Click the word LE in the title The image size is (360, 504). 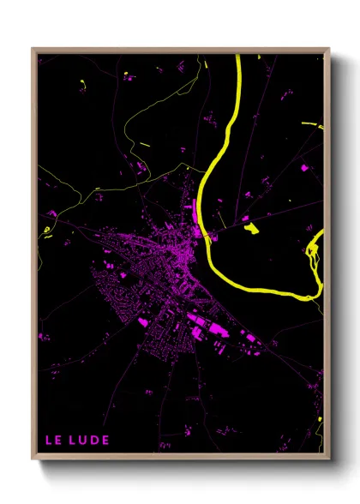coord(53,441)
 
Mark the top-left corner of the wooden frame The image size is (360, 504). coord(33,49)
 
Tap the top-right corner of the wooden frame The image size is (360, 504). coord(329,49)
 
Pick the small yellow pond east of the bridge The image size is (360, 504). coord(251,228)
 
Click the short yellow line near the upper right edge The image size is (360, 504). coord(312,125)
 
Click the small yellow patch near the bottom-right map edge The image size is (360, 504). coord(320,420)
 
